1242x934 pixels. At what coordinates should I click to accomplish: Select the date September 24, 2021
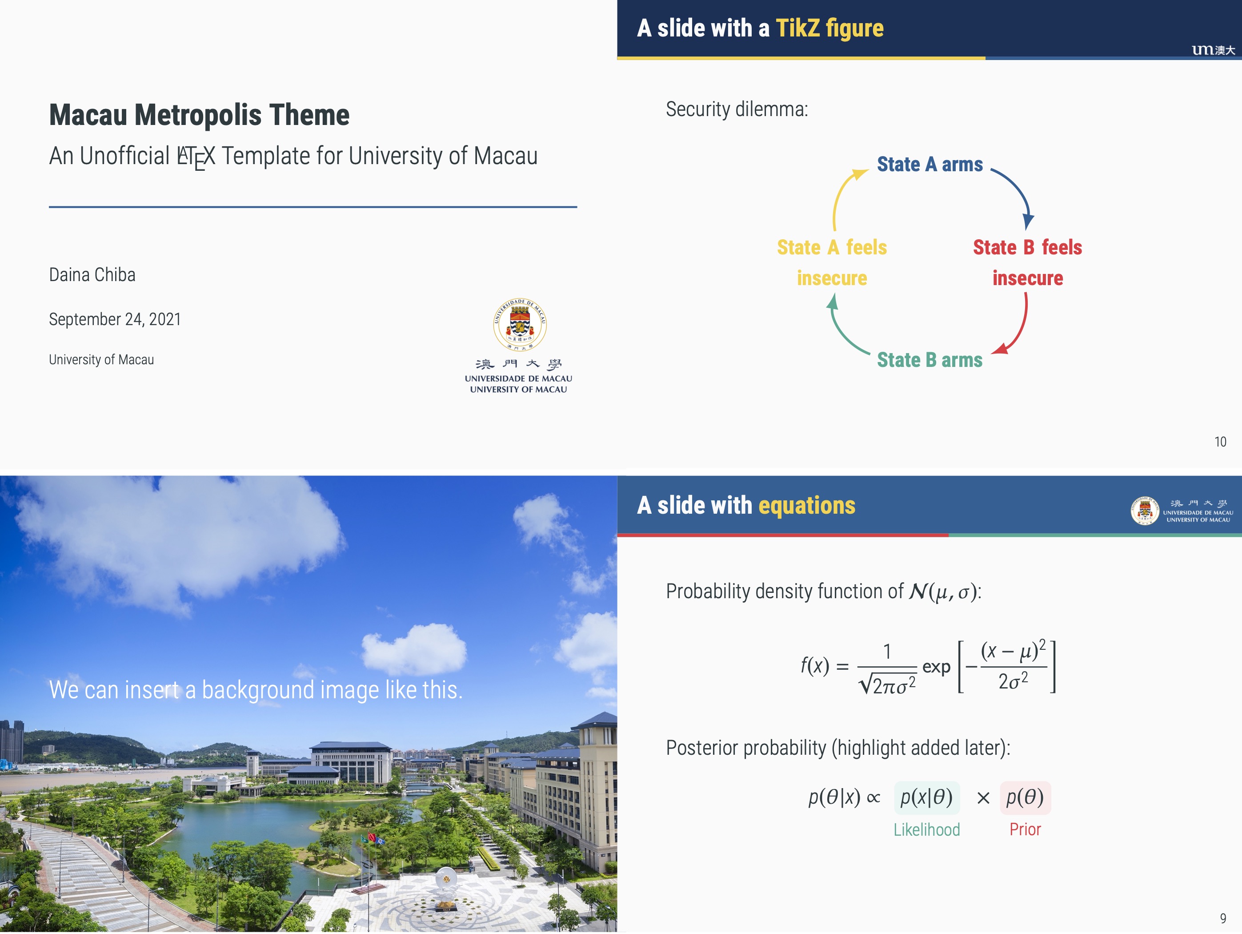click(x=115, y=319)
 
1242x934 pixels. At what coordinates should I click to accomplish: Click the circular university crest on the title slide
click(x=519, y=325)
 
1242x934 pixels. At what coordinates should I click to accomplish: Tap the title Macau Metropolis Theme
click(x=199, y=115)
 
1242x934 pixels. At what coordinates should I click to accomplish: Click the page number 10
click(x=1220, y=442)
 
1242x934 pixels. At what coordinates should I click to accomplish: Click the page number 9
click(x=1223, y=918)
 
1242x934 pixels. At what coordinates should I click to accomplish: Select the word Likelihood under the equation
click(x=926, y=829)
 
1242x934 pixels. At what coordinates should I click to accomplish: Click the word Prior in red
click(x=1025, y=829)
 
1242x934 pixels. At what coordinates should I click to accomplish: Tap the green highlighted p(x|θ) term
click(x=926, y=797)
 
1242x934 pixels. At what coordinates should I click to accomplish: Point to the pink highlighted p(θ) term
click(x=1025, y=797)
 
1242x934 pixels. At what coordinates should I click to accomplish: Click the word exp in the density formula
click(x=936, y=667)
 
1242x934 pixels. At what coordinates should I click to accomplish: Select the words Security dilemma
click(x=737, y=109)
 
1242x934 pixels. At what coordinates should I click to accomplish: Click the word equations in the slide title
click(x=807, y=506)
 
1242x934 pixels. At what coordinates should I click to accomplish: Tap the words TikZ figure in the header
click(x=829, y=28)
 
